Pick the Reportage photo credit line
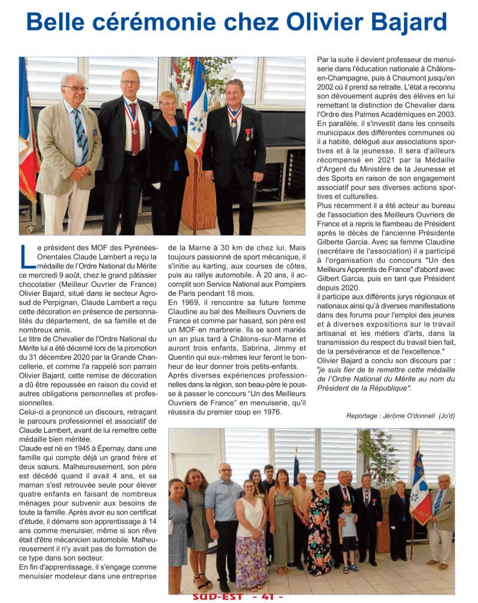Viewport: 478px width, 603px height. point(400,415)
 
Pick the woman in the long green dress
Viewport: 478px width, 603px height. point(282,520)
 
